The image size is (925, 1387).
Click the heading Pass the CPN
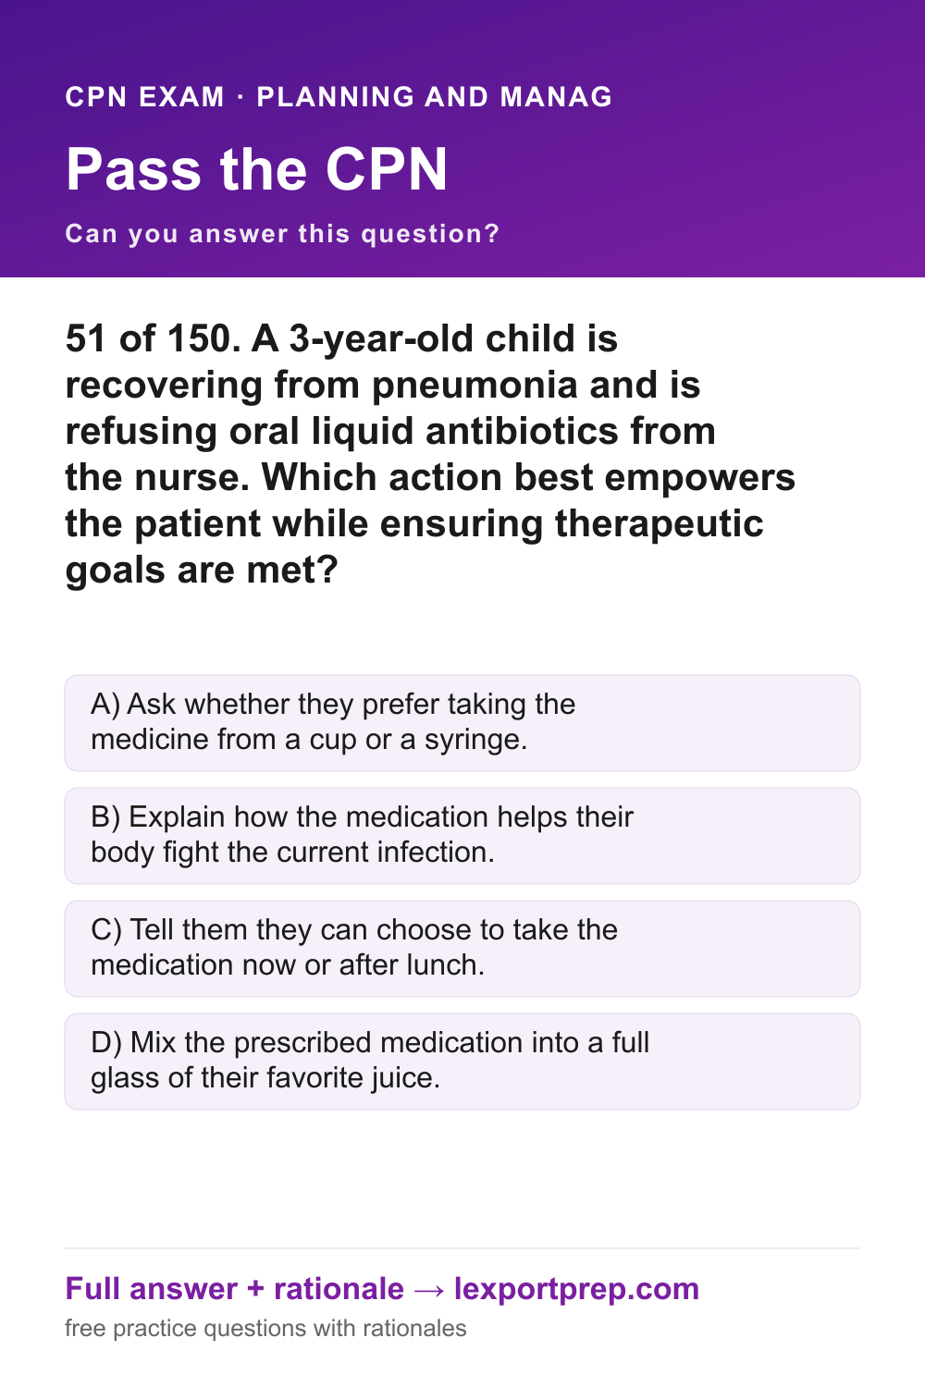coord(256,169)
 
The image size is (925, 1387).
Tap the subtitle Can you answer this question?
coord(282,234)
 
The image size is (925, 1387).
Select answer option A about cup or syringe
coord(462,722)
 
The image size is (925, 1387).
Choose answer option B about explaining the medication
coord(462,835)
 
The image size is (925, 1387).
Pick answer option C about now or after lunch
coord(462,948)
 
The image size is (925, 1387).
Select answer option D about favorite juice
coord(462,1061)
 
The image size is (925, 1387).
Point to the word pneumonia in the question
coord(475,386)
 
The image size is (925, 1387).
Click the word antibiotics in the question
coord(523,431)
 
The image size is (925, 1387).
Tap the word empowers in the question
coord(699,479)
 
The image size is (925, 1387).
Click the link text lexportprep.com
coord(576,1290)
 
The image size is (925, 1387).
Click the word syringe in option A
coord(475,741)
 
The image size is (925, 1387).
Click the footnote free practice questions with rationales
coord(265,1329)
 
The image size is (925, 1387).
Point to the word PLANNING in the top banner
coord(335,97)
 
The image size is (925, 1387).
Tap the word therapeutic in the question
coord(659,525)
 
